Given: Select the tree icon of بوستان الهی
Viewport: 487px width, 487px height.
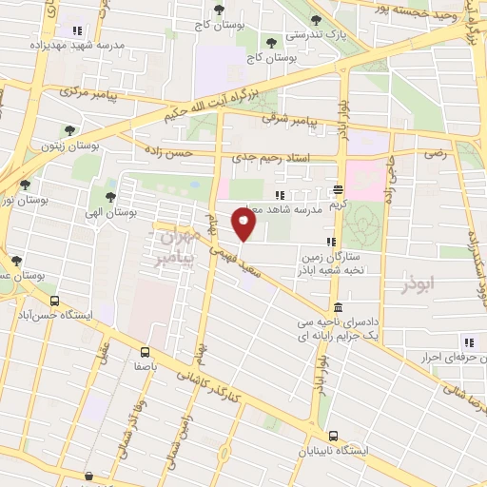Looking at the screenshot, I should [x=110, y=198].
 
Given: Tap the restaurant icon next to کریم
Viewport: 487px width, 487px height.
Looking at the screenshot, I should [x=340, y=189].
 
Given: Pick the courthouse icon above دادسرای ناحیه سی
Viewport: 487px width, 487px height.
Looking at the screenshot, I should [x=340, y=307].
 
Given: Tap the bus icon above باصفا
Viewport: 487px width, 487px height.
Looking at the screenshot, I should [x=145, y=349].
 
